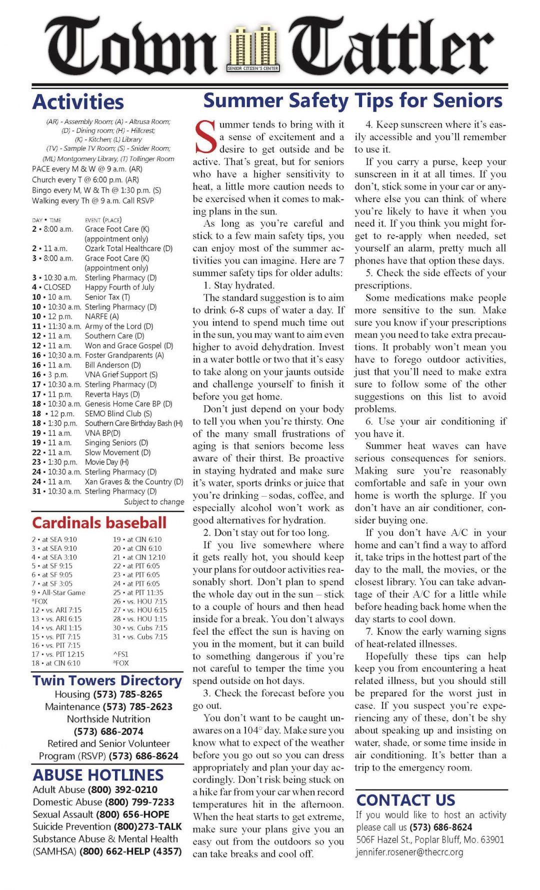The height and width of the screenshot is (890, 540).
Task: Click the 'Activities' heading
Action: click(x=78, y=102)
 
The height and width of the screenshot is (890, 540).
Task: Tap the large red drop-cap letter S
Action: click(x=205, y=137)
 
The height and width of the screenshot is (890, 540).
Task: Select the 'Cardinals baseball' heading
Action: click(x=99, y=523)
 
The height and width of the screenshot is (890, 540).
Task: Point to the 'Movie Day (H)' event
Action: click(x=106, y=462)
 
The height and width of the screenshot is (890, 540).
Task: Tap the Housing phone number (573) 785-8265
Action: click(x=127, y=694)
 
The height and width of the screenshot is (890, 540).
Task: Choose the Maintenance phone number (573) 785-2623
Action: click(x=137, y=707)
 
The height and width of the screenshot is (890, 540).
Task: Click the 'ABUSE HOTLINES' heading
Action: click(x=98, y=775)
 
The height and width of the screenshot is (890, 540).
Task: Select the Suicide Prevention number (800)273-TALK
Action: click(x=148, y=826)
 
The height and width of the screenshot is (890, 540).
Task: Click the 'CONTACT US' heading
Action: click(x=405, y=800)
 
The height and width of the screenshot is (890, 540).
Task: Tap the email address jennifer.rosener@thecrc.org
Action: click(x=409, y=852)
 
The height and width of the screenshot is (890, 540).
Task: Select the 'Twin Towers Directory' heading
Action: click(x=107, y=681)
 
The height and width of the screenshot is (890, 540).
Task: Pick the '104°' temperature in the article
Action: click(x=255, y=730)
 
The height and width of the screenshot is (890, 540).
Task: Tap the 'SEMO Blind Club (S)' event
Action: click(x=118, y=414)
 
